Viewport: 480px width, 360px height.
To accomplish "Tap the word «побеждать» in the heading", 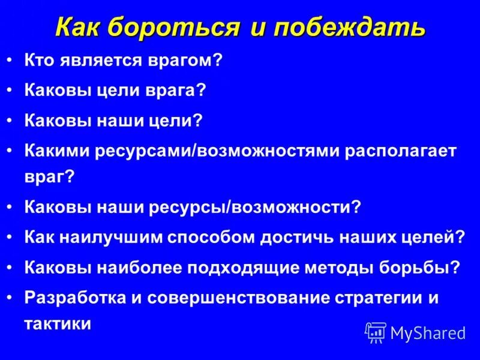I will (349, 28).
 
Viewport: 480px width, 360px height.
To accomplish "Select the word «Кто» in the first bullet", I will (38, 61).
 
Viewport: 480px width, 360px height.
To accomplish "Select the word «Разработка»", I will (70, 297).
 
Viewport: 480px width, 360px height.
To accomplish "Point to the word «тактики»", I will (58, 325).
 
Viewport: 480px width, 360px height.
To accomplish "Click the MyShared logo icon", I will (376, 332).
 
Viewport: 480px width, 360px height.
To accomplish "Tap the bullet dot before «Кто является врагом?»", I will (11, 61).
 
